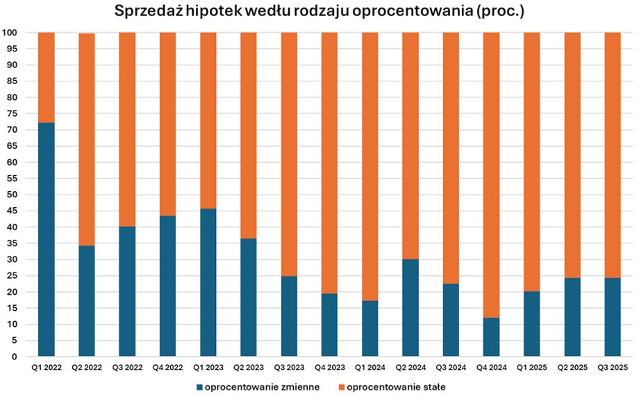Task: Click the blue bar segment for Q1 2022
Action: pyautogui.click(x=46, y=240)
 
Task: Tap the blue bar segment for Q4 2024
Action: pyautogui.click(x=491, y=337)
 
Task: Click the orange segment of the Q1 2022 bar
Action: pyautogui.click(x=46, y=77)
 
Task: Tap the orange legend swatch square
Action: pyautogui.click(x=341, y=387)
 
